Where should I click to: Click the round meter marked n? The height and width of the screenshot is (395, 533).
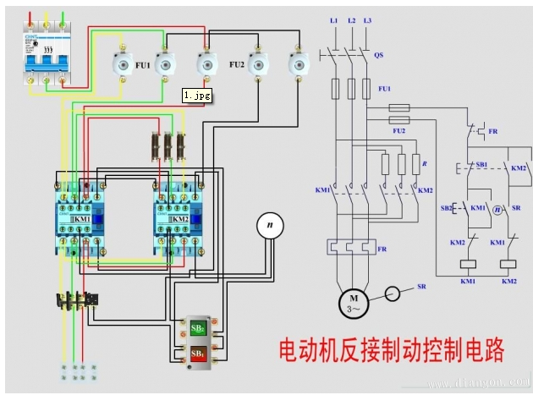[x=270, y=225]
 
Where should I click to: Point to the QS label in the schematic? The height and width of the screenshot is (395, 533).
[x=378, y=55]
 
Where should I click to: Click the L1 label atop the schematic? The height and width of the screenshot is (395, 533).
[x=333, y=19]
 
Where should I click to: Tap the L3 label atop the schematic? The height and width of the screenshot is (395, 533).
[x=367, y=19]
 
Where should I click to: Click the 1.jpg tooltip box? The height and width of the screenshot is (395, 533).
[x=197, y=96]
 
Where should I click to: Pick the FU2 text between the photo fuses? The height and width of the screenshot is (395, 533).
[x=237, y=64]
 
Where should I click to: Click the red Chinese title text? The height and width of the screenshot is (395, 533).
[x=391, y=349]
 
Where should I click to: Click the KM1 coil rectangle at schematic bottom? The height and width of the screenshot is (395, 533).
[x=468, y=264]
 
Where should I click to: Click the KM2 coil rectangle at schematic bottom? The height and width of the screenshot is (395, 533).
[x=508, y=264]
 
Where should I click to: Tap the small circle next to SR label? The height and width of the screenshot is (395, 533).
[x=392, y=294]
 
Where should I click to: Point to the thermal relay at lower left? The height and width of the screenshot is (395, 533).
[x=77, y=299]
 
